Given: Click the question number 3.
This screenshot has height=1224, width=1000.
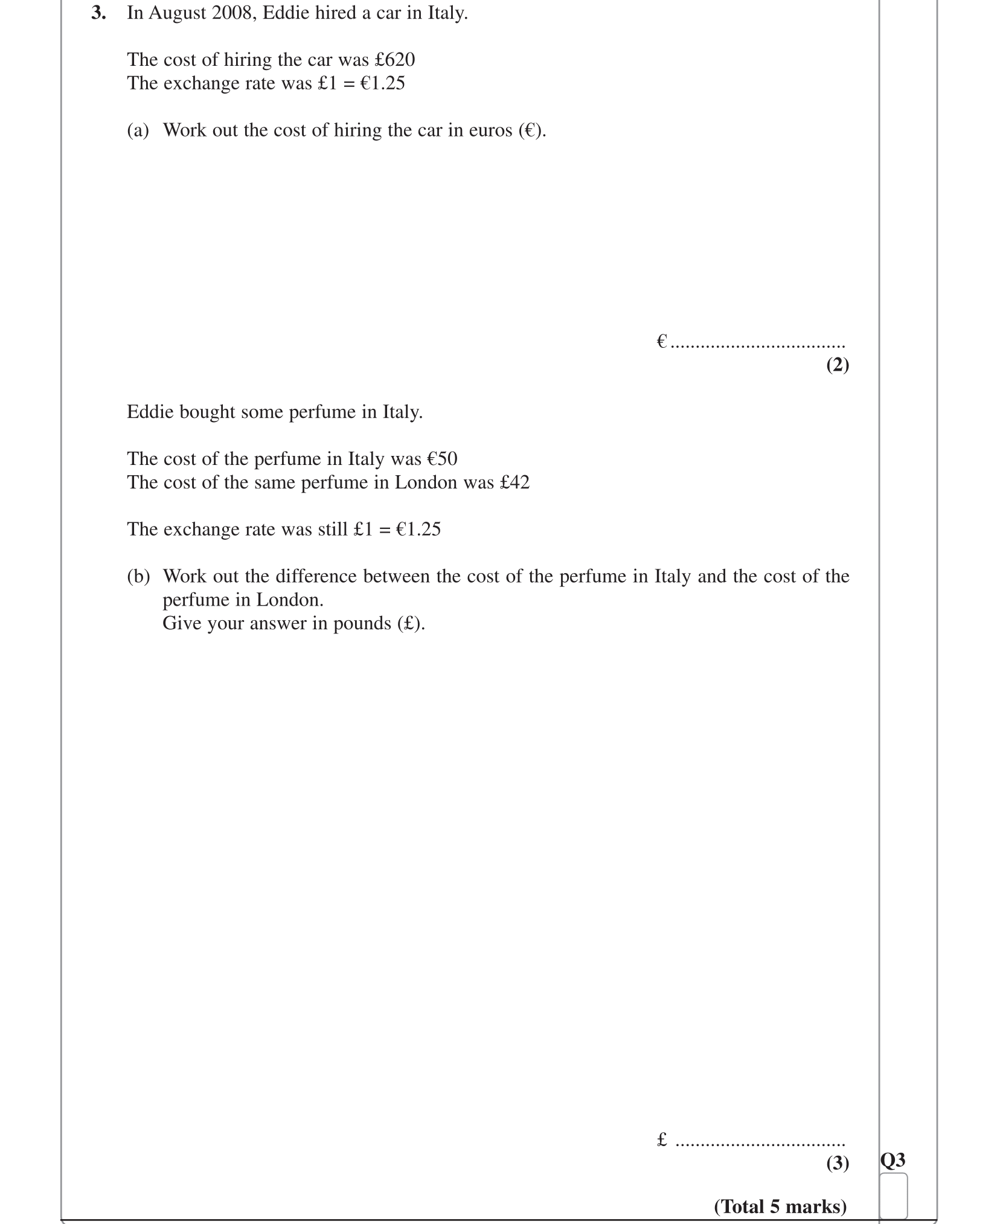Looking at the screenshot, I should (98, 13).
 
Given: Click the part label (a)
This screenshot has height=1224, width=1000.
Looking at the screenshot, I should (138, 130).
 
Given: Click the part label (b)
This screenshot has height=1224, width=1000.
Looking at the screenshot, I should (138, 576).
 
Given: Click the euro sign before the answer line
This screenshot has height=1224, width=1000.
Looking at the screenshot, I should (662, 342).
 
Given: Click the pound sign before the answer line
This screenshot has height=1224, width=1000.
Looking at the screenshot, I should (662, 1139).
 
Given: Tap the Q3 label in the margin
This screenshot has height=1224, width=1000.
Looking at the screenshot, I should (893, 1159).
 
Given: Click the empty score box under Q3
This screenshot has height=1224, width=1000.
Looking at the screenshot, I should (894, 1196).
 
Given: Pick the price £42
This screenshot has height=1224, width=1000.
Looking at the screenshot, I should (514, 482).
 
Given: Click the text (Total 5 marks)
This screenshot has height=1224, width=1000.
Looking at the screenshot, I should (780, 1206).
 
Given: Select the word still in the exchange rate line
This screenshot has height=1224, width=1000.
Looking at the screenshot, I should (333, 529).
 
